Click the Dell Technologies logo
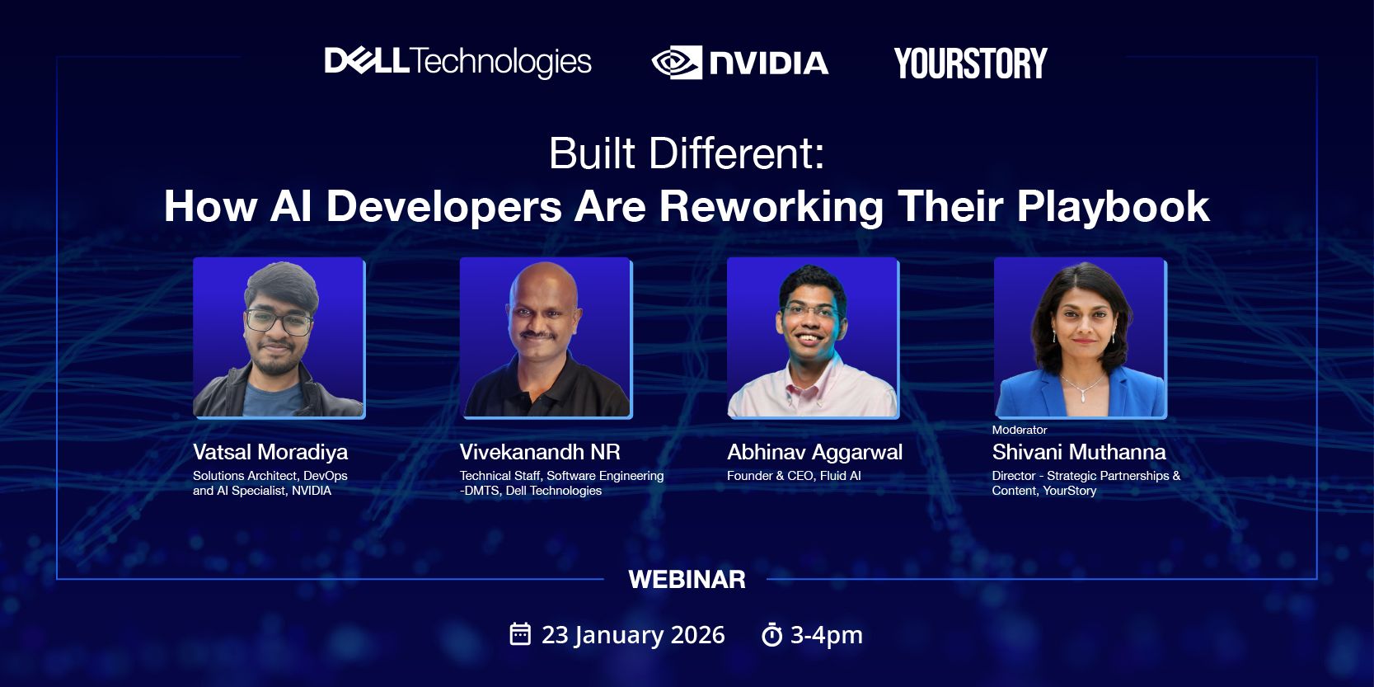[457, 62]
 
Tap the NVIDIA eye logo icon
[677, 63]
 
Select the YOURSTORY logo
[970, 64]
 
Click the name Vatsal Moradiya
[270, 452]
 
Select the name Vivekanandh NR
[540, 452]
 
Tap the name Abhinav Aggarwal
[814, 453]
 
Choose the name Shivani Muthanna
[1079, 452]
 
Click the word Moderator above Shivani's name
[1020, 430]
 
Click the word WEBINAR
[687, 580]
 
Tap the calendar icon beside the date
[520, 634]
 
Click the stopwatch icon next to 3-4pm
[771, 635]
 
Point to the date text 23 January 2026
[633, 635]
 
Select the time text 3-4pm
[826, 635]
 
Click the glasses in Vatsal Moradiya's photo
[279, 322]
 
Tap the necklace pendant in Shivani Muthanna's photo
[1083, 398]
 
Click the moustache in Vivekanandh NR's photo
[538, 335]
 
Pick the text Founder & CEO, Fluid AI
[794, 476]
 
